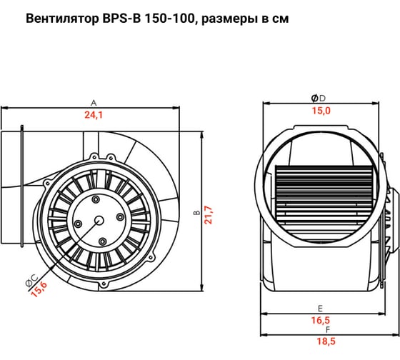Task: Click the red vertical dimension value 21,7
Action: pyautogui.click(x=209, y=214)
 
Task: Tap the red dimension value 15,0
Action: pyautogui.click(x=321, y=110)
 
